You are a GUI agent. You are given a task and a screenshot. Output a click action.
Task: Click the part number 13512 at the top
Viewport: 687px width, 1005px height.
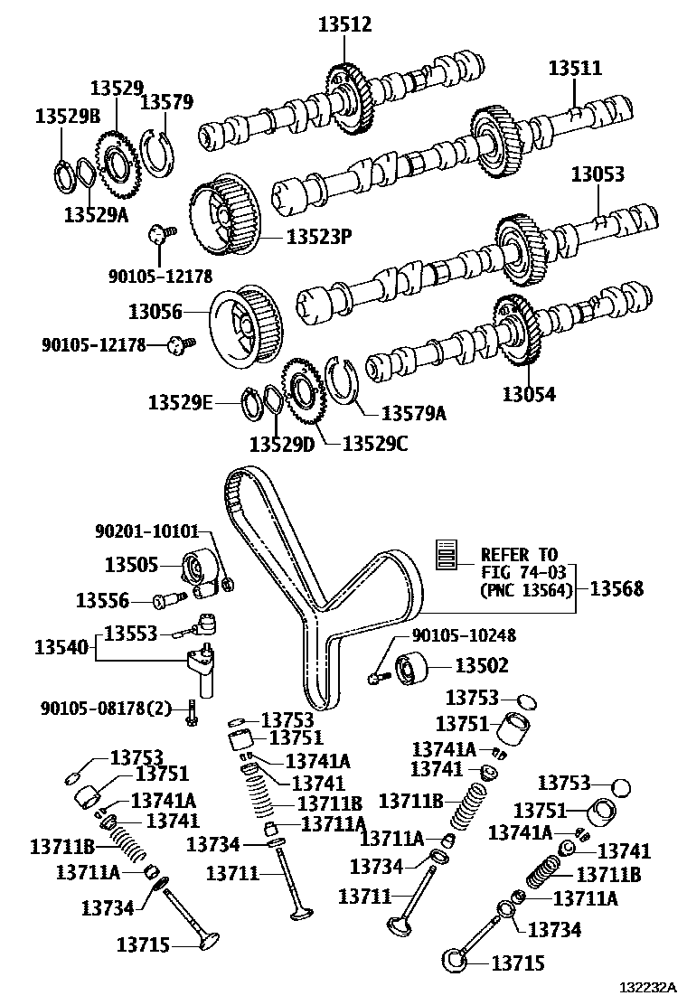coord(344,24)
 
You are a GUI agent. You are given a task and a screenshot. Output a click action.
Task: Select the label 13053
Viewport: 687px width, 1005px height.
coord(597,174)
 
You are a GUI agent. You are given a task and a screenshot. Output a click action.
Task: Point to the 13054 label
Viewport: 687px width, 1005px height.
coord(530,394)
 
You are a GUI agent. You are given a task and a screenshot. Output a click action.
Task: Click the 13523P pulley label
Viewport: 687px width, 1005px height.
coord(318,237)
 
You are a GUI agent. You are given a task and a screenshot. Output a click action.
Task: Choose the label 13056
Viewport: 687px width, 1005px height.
coord(155,312)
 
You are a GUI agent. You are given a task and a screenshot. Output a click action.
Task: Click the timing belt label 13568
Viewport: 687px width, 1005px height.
coord(617,588)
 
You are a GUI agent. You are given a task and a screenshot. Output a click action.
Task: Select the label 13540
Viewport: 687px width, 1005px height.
coord(62,647)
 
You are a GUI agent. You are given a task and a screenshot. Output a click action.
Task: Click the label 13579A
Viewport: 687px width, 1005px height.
coord(414,413)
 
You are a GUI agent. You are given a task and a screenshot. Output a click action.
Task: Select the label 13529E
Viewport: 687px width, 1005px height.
coord(181,402)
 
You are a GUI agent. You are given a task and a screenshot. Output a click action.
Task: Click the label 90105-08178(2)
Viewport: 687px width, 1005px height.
coord(106,707)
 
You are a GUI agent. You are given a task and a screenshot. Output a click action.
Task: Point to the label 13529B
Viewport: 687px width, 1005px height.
coord(68,116)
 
